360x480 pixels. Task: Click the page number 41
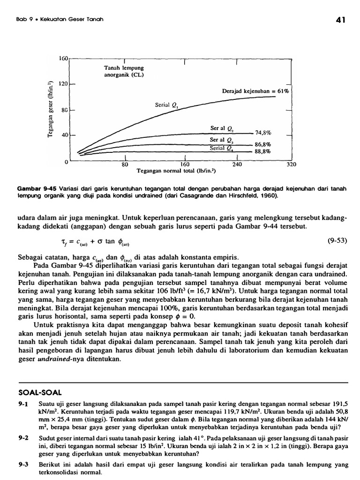341,20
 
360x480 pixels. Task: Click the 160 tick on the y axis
63,59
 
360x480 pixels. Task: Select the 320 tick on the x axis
292,165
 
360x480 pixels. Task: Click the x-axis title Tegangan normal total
176,172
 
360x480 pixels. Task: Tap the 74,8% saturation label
263,133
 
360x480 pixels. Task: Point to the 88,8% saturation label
263,152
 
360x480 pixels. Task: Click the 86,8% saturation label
263,144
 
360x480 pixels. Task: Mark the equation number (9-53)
337,242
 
